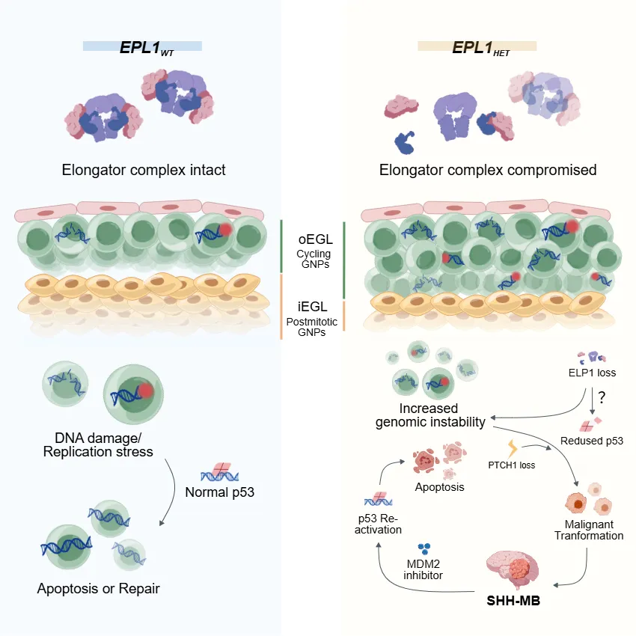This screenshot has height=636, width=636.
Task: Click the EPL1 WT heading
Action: [147, 48]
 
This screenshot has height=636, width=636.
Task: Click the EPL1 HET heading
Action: [480, 48]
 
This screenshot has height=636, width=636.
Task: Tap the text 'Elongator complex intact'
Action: [144, 170]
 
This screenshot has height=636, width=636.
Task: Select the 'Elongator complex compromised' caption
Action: [488, 170]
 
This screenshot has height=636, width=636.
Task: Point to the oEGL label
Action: [316, 239]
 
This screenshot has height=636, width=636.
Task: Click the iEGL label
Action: [312, 307]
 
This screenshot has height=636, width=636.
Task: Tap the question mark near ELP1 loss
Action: [602, 397]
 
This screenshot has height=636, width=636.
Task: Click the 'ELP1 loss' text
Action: [592, 373]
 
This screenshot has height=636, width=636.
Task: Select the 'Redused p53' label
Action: [592, 441]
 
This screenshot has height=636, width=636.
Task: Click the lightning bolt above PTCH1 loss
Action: [513, 449]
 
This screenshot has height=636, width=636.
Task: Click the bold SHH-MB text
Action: [513, 601]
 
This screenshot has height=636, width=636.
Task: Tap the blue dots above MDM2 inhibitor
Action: [424, 548]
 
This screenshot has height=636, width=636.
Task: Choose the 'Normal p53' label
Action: [220, 492]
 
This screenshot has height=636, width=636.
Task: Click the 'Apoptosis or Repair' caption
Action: [99, 589]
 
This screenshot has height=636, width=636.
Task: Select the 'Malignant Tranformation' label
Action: [589, 530]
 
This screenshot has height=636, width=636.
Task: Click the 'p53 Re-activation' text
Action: [378, 524]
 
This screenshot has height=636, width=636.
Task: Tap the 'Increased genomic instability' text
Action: [430, 415]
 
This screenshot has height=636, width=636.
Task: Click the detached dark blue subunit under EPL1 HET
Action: [405, 142]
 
